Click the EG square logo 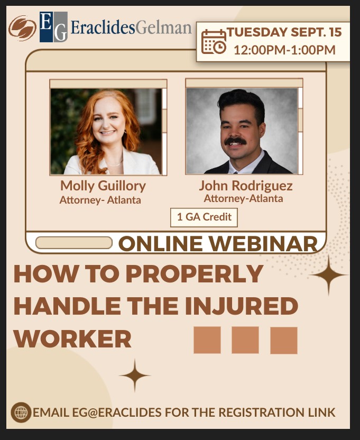[53, 27]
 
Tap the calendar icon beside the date [214, 42]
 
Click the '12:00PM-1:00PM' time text [284, 50]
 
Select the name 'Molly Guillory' [103, 186]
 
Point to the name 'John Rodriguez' [246, 186]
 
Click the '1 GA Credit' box [204, 217]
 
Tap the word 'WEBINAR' [264, 243]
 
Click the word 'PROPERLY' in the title [194, 273]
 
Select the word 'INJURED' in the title [241, 306]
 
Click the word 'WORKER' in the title [72, 338]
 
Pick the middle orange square [245, 340]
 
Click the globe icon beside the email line [21, 412]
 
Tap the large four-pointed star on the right [329, 276]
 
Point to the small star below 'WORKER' [135, 375]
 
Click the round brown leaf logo [22, 28]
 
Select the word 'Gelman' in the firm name [163, 28]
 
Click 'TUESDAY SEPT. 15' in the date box [284, 32]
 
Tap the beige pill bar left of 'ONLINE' [74, 243]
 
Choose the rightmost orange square [284, 340]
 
